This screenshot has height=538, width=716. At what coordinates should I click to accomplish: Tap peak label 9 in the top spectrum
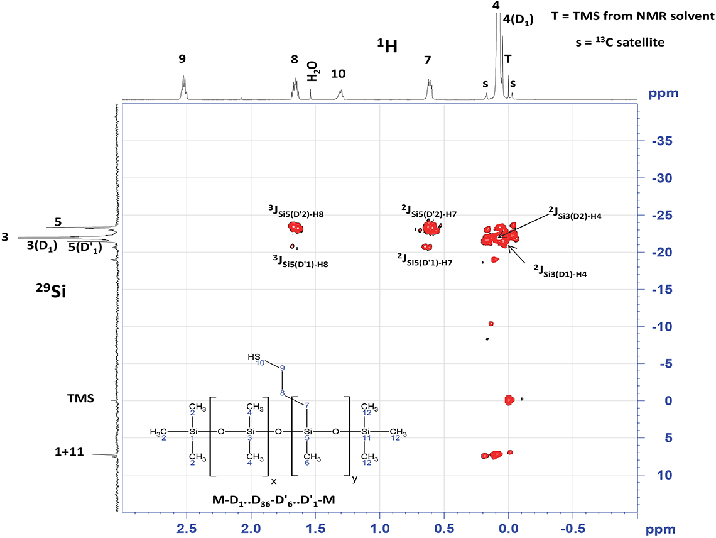[182, 60]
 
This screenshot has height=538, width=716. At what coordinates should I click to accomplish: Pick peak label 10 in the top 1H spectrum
[338, 74]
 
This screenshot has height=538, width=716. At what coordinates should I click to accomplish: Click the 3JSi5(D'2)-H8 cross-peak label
[296, 214]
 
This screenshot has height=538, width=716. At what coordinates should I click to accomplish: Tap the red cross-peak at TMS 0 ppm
[510, 399]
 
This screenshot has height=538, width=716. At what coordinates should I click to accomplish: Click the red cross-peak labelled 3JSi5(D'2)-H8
[296, 228]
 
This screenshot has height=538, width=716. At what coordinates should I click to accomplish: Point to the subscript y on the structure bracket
[355, 480]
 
